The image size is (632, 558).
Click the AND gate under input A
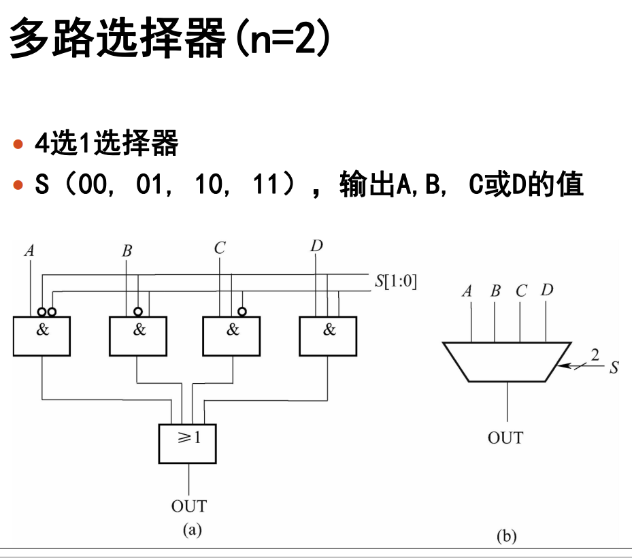[x=41, y=336]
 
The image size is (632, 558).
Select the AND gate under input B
[x=138, y=336]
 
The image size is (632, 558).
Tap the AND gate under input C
[x=232, y=336]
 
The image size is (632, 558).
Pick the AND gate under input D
[x=328, y=336]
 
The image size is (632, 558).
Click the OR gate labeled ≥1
[x=188, y=443]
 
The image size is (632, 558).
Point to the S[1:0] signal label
[x=395, y=282]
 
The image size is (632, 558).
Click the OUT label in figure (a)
[x=188, y=506]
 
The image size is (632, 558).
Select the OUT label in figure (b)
[x=505, y=438]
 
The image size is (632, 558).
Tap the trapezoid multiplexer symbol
[x=507, y=361]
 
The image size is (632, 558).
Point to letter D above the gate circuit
[x=316, y=246]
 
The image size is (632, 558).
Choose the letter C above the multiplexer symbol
[x=521, y=291]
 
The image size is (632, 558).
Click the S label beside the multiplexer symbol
[x=614, y=368]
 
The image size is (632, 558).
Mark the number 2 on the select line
[x=595, y=355]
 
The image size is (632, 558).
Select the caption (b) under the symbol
[x=506, y=536]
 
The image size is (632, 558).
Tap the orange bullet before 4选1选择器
[x=18, y=145]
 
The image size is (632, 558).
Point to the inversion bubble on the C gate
[x=241, y=312]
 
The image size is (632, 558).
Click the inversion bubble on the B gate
[x=138, y=312]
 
